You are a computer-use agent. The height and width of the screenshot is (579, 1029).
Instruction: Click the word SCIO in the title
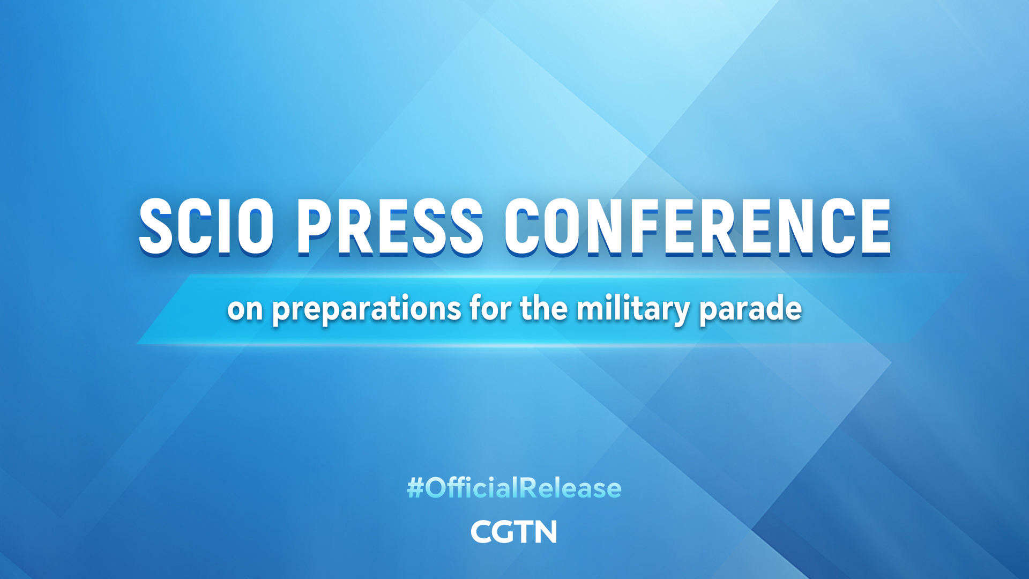point(206,226)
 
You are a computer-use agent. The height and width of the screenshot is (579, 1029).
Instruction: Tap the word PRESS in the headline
point(390,226)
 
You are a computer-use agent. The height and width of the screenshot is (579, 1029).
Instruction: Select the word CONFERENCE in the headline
point(697,226)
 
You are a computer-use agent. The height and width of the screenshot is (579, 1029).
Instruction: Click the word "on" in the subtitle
point(245,309)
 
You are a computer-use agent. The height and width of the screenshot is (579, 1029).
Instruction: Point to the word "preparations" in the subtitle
point(367,310)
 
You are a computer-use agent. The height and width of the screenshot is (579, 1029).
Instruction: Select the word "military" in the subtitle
point(632,309)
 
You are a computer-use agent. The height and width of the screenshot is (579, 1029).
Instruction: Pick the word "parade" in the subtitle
point(750,309)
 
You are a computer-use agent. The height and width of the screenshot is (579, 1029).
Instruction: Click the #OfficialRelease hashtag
point(514,488)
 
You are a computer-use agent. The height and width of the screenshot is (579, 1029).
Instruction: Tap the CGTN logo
point(514,532)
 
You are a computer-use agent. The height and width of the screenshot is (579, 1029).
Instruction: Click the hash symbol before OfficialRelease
point(415,488)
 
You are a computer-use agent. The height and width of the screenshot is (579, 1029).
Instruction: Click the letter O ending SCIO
point(255,226)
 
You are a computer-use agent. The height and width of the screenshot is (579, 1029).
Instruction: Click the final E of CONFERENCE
point(874,226)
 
